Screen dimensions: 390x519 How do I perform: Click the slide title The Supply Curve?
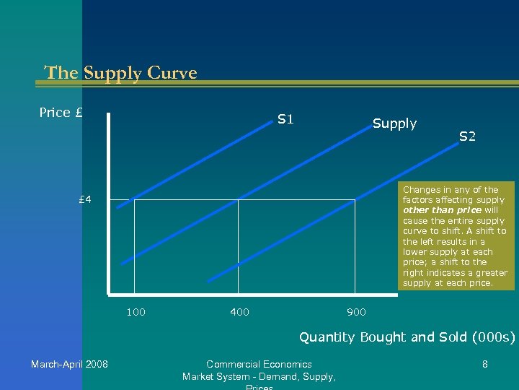(120, 73)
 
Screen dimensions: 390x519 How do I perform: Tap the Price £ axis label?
(61, 113)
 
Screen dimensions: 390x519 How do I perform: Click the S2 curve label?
(467, 136)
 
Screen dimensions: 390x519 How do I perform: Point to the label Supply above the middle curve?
(394, 123)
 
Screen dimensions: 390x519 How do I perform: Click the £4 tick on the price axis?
(85, 199)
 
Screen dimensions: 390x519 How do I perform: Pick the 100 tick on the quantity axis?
(136, 312)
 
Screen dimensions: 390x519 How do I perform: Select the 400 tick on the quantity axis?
(239, 312)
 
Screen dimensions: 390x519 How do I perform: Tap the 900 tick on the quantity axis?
(356, 312)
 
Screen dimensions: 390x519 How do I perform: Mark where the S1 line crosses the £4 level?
(135, 199)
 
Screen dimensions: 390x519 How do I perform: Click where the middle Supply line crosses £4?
(239, 199)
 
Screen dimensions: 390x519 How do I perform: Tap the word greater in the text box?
(490, 273)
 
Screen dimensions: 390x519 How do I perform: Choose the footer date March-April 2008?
(69, 364)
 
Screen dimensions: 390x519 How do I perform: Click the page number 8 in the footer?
(485, 365)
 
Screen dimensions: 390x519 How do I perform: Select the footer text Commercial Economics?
(259, 364)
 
